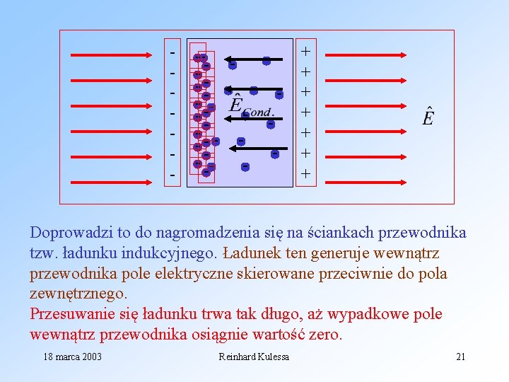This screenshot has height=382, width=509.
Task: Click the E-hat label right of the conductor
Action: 428,116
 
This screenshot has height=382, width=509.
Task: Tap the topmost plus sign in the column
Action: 305,51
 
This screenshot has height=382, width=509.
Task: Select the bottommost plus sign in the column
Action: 305,173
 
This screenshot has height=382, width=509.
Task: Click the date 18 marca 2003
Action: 72,357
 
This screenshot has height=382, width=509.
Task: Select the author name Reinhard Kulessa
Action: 254,357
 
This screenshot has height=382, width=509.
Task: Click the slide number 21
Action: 460,357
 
